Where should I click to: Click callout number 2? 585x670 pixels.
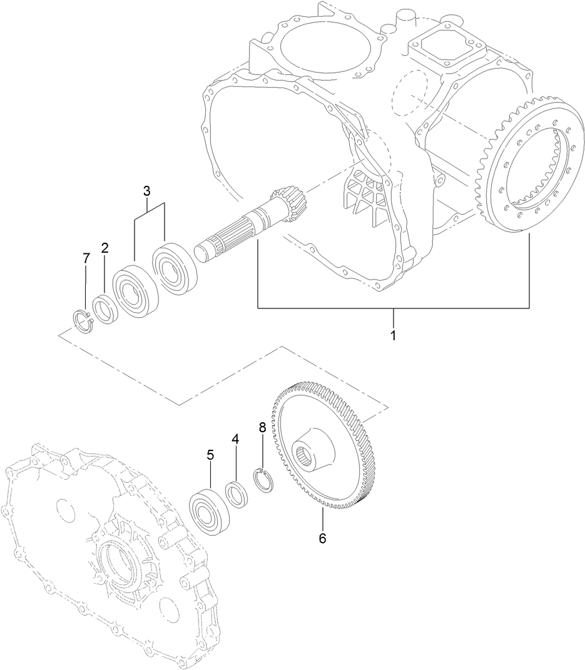[105, 248]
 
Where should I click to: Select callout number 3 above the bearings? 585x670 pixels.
[147, 190]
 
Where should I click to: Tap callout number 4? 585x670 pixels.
[235, 439]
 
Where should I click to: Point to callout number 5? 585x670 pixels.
[211, 455]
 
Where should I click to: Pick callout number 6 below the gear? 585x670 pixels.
[323, 538]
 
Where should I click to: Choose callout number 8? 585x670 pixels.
[262, 428]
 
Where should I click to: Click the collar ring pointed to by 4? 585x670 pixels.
[236, 494]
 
